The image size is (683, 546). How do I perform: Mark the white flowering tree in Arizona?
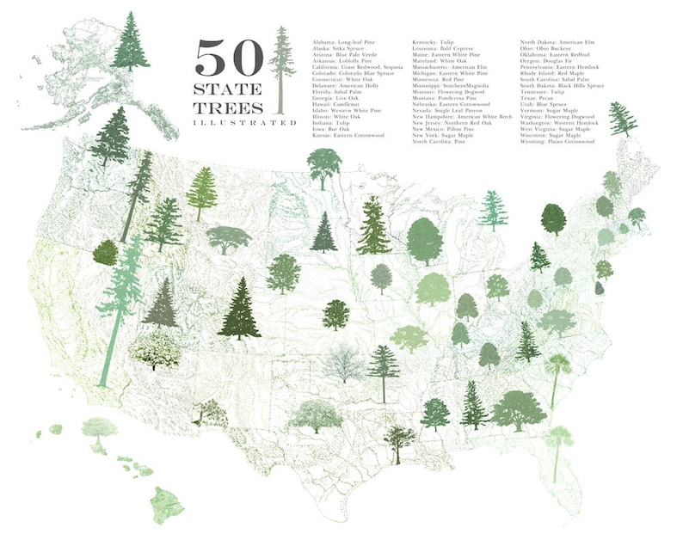pyautogui.click(x=155, y=348)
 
